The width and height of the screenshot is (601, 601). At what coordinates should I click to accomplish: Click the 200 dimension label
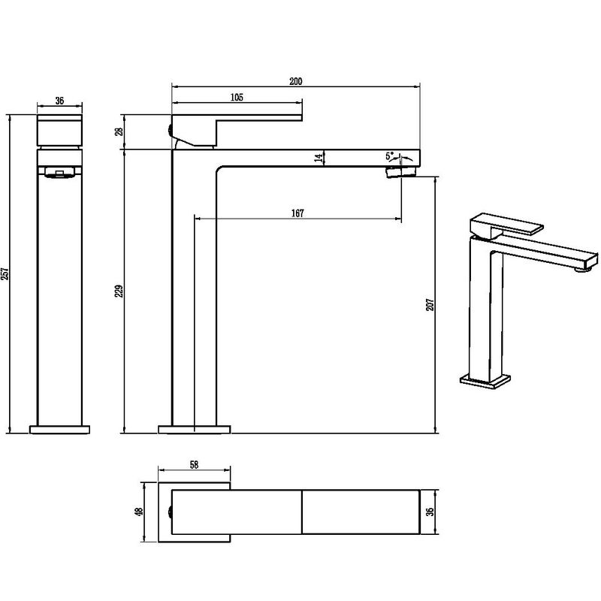pos(295,81)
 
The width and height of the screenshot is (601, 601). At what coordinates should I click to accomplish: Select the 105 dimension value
pos(237,98)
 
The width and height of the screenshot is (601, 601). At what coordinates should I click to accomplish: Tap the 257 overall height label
pos(5,273)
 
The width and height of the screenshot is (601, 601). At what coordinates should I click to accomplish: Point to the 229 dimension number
pos(119,291)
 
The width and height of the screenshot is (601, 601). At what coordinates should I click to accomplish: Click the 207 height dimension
pos(430,305)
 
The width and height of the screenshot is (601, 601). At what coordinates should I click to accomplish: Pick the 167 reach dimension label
pos(297,213)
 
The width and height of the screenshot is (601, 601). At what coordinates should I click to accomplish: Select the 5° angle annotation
pos(389,156)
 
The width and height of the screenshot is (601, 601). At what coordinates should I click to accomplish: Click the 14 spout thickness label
pos(318,158)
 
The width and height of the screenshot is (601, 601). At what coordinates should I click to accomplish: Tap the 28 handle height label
pos(119,131)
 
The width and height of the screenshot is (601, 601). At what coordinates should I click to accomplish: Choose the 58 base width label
pos(194,464)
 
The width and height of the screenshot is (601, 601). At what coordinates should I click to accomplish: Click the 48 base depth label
pos(139,512)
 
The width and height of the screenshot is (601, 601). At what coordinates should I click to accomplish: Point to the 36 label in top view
pos(430,512)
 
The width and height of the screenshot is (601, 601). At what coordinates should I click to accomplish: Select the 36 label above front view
pos(59,101)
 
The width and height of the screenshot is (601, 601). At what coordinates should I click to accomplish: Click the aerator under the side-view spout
pos(401,171)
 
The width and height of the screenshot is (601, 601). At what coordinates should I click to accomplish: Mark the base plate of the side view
pos(195,429)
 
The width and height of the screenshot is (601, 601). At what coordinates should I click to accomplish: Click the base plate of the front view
pos(60,429)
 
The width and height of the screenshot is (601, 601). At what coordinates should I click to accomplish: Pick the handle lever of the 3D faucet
pos(506,224)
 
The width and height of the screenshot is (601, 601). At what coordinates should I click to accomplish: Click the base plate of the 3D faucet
pos(485,382)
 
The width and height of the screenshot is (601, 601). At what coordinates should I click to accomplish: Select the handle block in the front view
pos(59,130)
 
